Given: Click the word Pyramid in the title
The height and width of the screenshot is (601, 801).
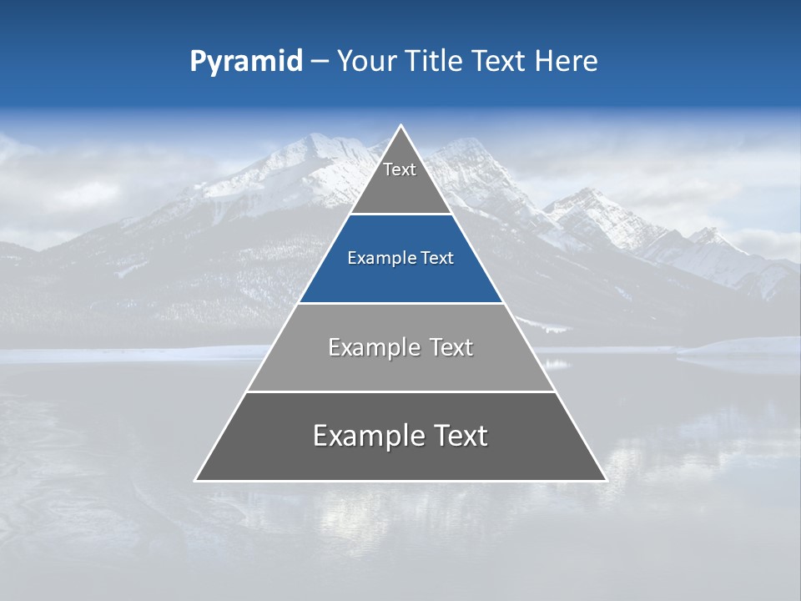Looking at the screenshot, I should click(245, 62).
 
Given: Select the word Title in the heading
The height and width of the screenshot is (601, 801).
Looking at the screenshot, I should click(436, 61).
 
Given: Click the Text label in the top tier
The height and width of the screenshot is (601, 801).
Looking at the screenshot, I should click(400, 169).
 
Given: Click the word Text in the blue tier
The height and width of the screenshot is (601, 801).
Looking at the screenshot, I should click(438, 259).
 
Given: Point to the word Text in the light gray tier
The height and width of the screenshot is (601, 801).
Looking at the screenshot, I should click(451, 347).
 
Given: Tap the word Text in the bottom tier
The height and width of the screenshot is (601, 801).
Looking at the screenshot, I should click(461, 436).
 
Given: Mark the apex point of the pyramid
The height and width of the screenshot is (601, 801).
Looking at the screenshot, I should click(400, 126).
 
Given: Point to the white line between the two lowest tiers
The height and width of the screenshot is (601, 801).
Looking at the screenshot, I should click(400, 391).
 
